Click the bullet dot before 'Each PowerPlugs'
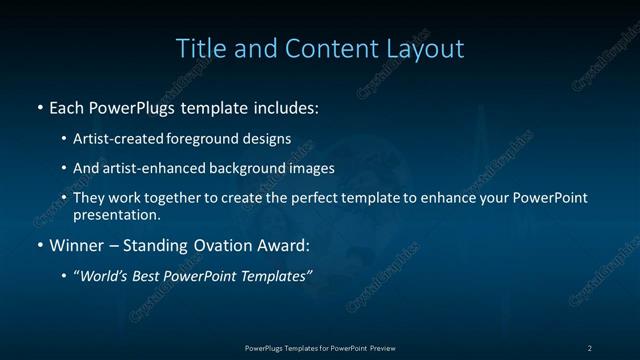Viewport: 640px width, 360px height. tap(39, 107)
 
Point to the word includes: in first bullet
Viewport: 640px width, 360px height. tap(283, 107)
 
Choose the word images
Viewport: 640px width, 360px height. tap(312, 169)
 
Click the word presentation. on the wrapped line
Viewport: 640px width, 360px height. tap(117, 214)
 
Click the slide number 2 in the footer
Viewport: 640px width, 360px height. tap(590, 348)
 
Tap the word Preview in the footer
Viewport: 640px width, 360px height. tap(383, 348)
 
